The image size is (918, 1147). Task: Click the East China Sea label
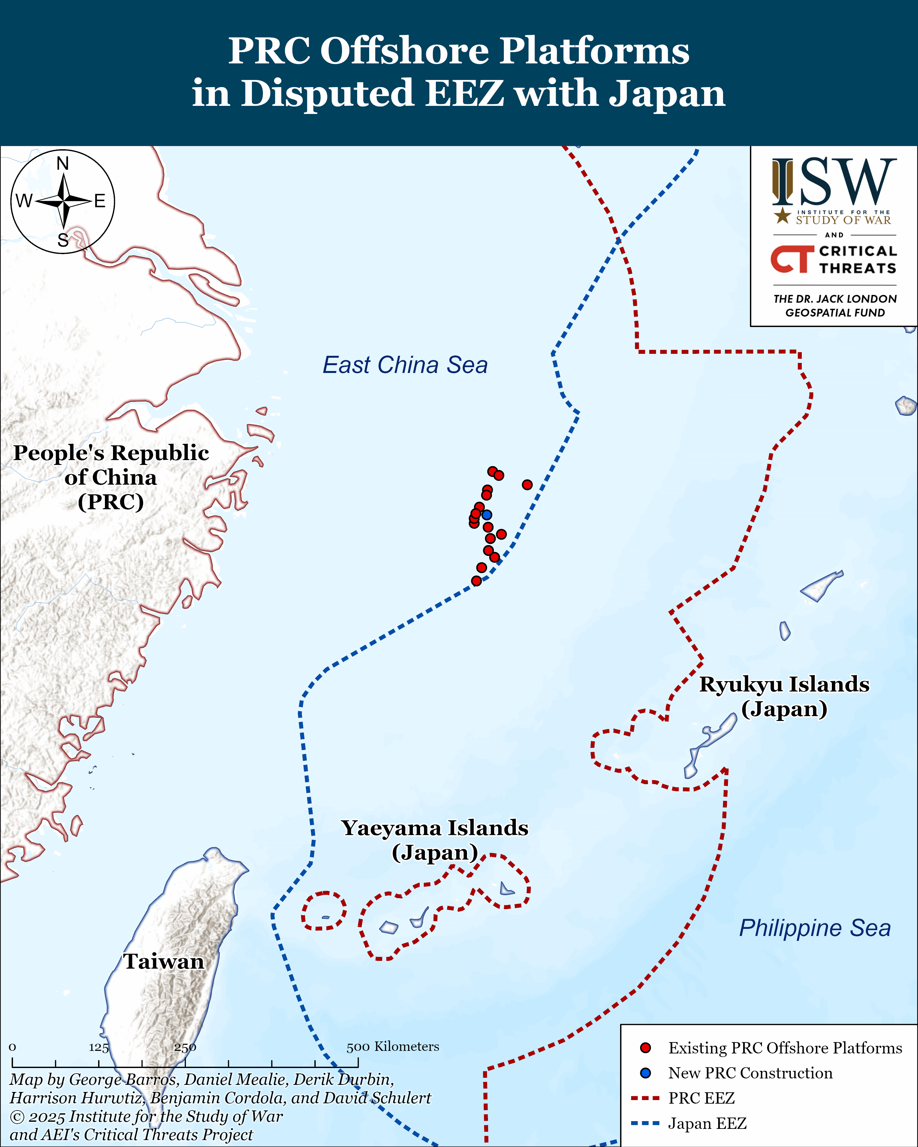pyautogui.click(x=405, y=365)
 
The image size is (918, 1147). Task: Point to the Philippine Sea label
pyautogui.click(x=814, y=928)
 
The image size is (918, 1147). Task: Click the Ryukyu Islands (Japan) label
pyautogui.click(x=784, y=696)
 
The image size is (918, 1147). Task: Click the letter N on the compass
pyautogui.click(x=63, y=164)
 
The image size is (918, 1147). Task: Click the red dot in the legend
pyautogui.click(x=646, y=1048)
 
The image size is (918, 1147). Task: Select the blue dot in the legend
pyautogui.click(x=646, y=1073)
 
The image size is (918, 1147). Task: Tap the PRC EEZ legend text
pyautogui.click(x=701, y=1098)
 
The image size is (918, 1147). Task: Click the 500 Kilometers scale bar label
pyautogui.click(x=393, y=1046)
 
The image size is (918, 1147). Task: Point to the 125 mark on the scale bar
pyautogui.click(x=98, y=1048)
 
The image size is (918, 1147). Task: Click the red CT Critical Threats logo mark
pyautogui.click(x=792, y=259)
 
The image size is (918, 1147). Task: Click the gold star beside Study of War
pyautogui.click(x=782, y=216)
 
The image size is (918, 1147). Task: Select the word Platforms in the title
pyautogui.click(x=595, y=51)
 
